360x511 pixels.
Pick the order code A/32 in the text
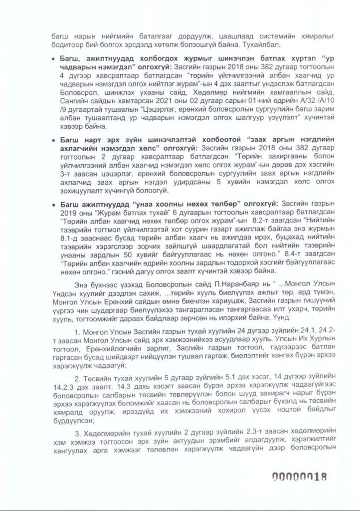click(x=285, y=113)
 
